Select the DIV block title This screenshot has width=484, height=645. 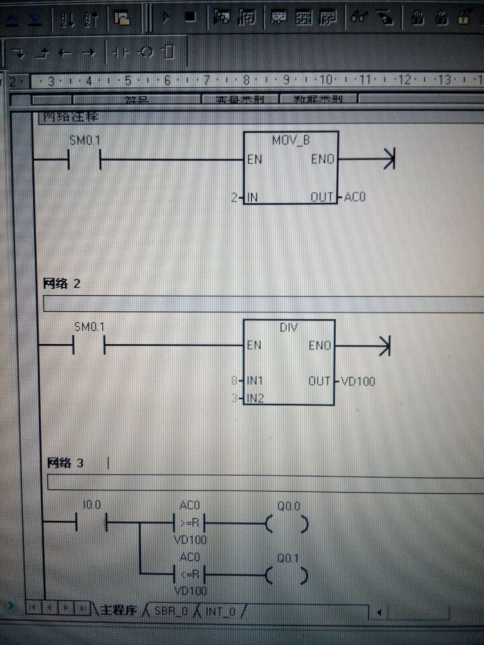coord(288,327)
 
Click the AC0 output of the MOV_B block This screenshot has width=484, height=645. coord(354,198)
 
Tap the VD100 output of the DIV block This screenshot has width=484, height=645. coord(358,382)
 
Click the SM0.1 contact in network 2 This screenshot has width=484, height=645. coord(89,345)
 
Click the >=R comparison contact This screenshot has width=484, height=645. coord(190,523)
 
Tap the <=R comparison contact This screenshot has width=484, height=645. coord(190,574)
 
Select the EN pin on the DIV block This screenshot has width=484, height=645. coord(254,345)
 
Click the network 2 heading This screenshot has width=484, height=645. coord(62,284)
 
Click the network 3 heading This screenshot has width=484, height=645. coord(65,463)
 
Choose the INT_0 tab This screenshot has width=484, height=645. coord(220,611)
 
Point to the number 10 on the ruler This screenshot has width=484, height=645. coord(325,80)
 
